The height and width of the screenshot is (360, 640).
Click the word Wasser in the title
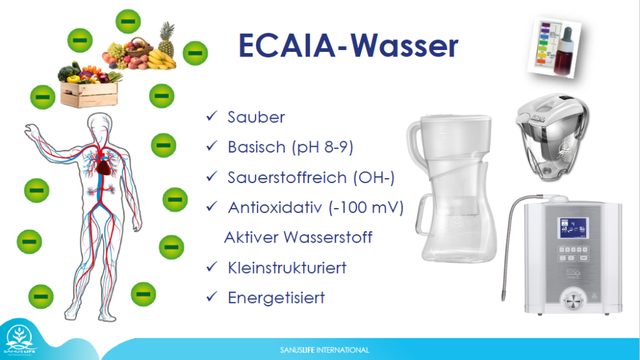(x=404, y=45)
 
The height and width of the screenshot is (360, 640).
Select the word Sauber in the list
(x=256, y=117)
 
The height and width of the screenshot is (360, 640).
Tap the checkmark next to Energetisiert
(x=212, y=296)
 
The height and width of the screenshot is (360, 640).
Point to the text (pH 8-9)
(x=322, y=147)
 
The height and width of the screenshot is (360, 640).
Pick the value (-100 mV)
(x=366, y=207)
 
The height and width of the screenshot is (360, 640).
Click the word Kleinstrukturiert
(x=287, y=267)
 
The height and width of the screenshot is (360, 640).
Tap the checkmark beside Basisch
(x=212, y=146)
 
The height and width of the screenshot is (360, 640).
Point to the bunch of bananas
(x=161, y=59)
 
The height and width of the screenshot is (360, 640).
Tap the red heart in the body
(x=104, y=166)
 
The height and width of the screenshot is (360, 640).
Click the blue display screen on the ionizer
(x=573, y=227)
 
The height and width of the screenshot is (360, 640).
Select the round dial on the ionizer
(x=573, y=301)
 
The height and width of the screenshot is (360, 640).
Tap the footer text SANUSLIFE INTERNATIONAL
(x=324, y=350)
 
